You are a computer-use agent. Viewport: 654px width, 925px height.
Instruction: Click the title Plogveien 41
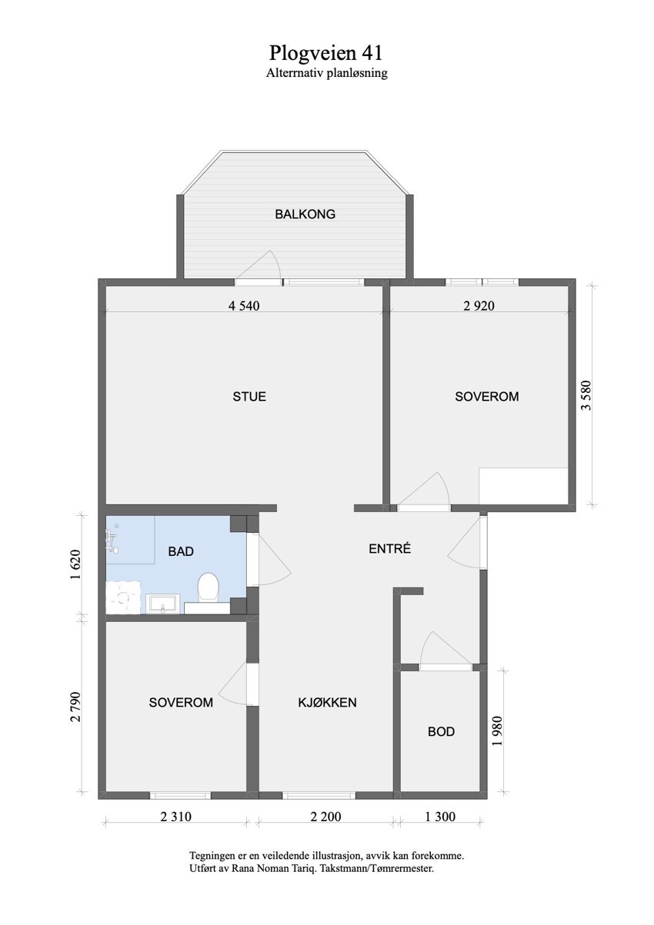[326, 53]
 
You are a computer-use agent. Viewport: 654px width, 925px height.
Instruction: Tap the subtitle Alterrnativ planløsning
[326, 74]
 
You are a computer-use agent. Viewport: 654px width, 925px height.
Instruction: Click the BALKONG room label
[305, 215]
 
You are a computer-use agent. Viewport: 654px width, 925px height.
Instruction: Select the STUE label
[249, 397]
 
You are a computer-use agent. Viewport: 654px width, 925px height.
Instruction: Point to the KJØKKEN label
[327, 702]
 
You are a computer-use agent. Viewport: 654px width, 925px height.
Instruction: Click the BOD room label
[441, 731]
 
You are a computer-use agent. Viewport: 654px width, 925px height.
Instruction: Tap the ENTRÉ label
[390, 549]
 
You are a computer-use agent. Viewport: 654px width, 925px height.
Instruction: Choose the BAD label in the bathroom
[181, 551]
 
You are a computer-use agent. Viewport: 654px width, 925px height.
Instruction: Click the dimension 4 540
[244, 305]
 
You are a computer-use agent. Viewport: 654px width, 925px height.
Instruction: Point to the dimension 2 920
[479, 305]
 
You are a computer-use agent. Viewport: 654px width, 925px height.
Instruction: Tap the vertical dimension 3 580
[588, 396]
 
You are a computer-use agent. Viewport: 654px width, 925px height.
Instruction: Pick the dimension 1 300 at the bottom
[439, 817]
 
